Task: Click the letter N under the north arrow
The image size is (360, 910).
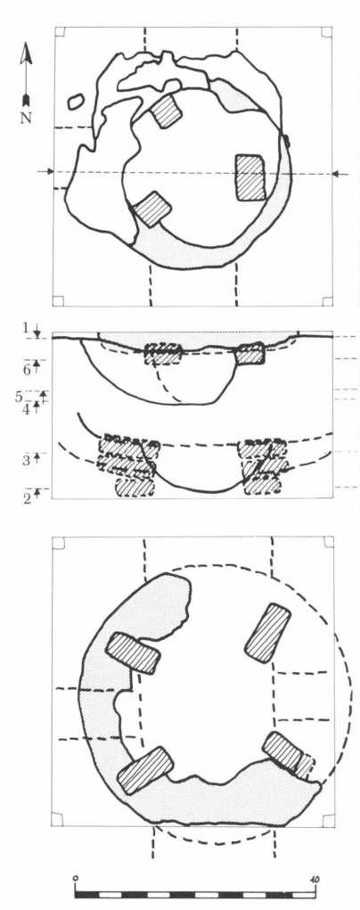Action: pyautogui.click(x=26, y=118)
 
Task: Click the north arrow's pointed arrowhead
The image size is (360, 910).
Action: pyautogui.click(x=26, y=53)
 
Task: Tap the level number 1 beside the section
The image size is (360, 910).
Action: pyautogui.click(x=26, y=329)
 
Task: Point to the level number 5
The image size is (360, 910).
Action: pyautogui.click(x=20, y=398)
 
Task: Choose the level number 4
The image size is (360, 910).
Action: pyautogui.click(x=26, y=409)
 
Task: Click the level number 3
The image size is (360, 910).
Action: pyautogui.click(x=26, y=462)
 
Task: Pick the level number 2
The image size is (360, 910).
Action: pyautogui.click(x=27, y=497)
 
